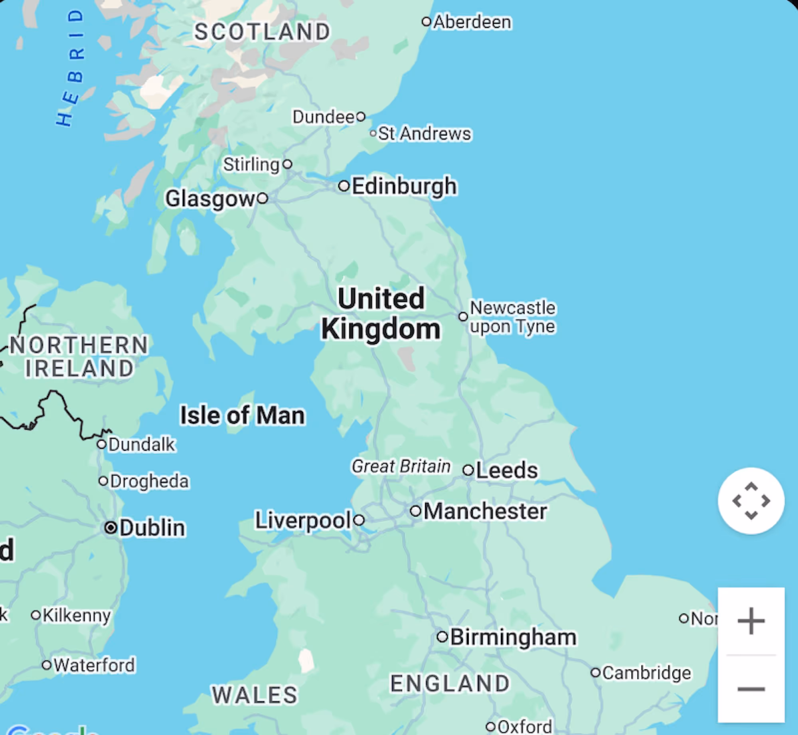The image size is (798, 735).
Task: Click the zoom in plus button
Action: point(751,620)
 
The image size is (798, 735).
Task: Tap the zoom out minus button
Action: point(751,689)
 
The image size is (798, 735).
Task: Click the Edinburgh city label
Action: point(404,186)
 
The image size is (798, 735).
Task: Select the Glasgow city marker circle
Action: point(262,198)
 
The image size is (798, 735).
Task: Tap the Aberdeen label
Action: point(472,22)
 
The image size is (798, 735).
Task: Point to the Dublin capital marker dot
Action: point(111,528)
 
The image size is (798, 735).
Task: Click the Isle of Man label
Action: point(243,415)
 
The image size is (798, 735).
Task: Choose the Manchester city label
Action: point(485,511)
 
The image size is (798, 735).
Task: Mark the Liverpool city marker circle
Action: point(359,520)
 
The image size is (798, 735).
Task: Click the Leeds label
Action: point(507,470)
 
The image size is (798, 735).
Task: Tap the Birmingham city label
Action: point(514,637)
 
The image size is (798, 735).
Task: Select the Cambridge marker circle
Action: point(595,672)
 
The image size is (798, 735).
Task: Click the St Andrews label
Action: point(425,133)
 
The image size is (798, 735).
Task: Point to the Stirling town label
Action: point(251,164)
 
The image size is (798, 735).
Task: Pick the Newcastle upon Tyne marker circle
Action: point(463,317)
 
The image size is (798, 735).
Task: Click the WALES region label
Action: point(255,695)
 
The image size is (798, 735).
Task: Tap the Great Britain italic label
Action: point(401,466)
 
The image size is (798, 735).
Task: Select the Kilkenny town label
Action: point(77,615)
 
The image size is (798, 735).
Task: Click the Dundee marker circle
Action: point(361,117)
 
